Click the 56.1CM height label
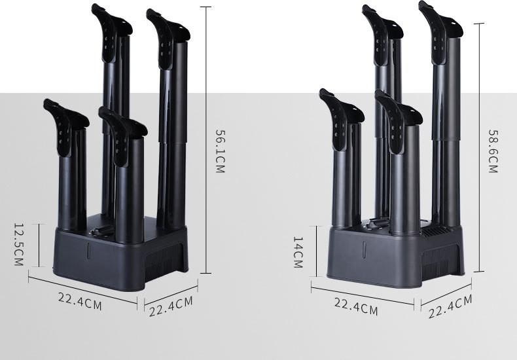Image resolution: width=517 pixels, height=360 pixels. click(x=221, y=151)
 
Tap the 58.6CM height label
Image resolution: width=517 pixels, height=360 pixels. click(x=493, y=151)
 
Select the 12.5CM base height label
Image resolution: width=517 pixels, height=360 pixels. click(x=19, y=245)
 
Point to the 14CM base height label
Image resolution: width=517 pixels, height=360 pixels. click(x=298, y=252)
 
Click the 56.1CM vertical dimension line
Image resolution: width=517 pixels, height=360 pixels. click(x=206, y=140)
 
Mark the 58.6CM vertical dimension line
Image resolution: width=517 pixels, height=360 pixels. click(x=479, y=147)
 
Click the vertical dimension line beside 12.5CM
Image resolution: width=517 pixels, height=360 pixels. click(x=39, y=245)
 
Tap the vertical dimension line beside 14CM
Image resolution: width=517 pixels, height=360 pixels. click(x=317, y=251)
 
